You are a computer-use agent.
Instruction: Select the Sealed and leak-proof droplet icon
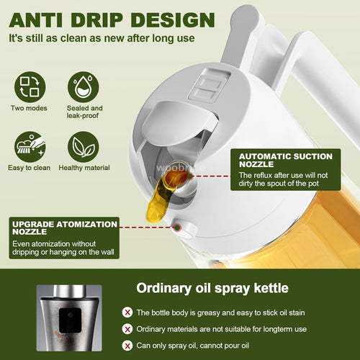(x=85, y=87)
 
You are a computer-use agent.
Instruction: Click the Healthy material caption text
(x=85, y=168)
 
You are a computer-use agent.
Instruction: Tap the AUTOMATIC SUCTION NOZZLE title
(x=285, y=161)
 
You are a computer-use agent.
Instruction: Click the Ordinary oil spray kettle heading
(x=214, y=288)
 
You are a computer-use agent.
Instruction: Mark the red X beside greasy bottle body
(x=127, y=312)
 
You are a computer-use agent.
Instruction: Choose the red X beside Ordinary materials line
(x=127, y=328)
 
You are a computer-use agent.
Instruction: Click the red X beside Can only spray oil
(x=127, y=344)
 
